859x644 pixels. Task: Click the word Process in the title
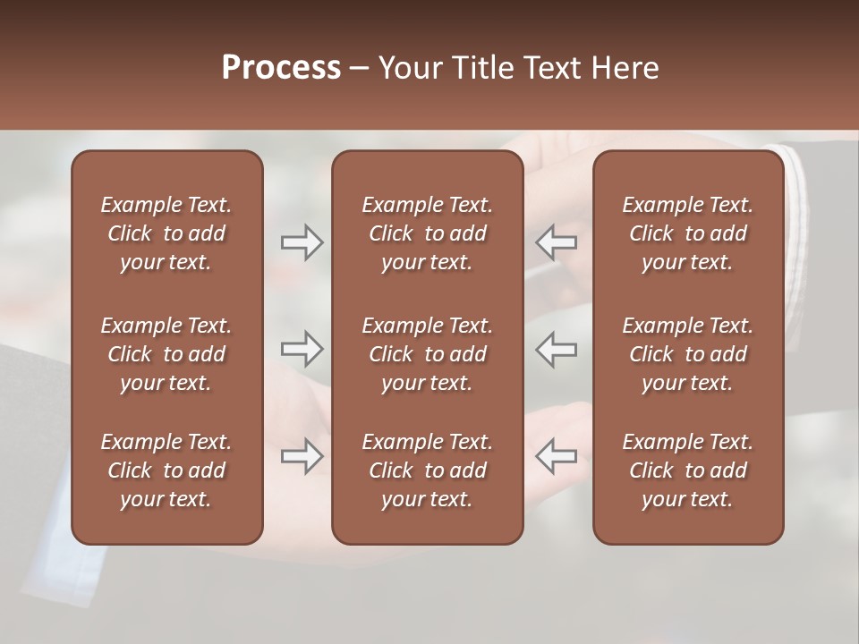pos(281,68)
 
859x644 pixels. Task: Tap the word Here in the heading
pos(625,68)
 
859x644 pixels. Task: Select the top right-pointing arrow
pos(302,241)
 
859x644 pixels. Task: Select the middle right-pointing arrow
pos(302,349)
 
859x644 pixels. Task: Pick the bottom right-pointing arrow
pos(302,456)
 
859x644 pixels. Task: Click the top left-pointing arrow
pos(557,241)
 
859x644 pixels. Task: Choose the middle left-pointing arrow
pos(557,349)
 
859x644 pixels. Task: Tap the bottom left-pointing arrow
pos(557,456)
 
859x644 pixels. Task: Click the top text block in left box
pos(166,233)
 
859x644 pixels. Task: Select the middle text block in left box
pos(166,354)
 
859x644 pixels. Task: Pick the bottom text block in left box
pos(166,470)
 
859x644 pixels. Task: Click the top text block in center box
pos(427,233)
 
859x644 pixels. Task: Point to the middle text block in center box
pos(427,354)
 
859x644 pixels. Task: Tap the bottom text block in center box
pos(427,470)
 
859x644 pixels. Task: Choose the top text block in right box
pos(687,233)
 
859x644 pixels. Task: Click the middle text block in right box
pos(687,354)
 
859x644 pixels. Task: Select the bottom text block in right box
pos(687,470)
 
